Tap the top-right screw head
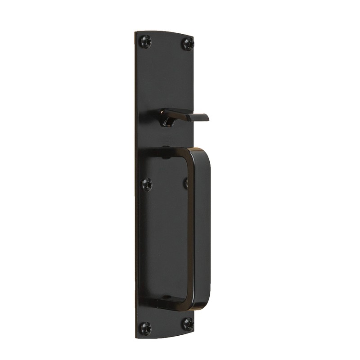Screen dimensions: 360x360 [188, 43]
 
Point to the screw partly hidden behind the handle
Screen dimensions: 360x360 [186, 182]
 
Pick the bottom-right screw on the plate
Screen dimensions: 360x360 [187, 322]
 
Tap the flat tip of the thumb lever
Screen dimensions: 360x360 [202, 118]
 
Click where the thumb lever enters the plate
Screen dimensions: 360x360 [169, 121]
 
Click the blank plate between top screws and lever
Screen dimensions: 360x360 [166, 76]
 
